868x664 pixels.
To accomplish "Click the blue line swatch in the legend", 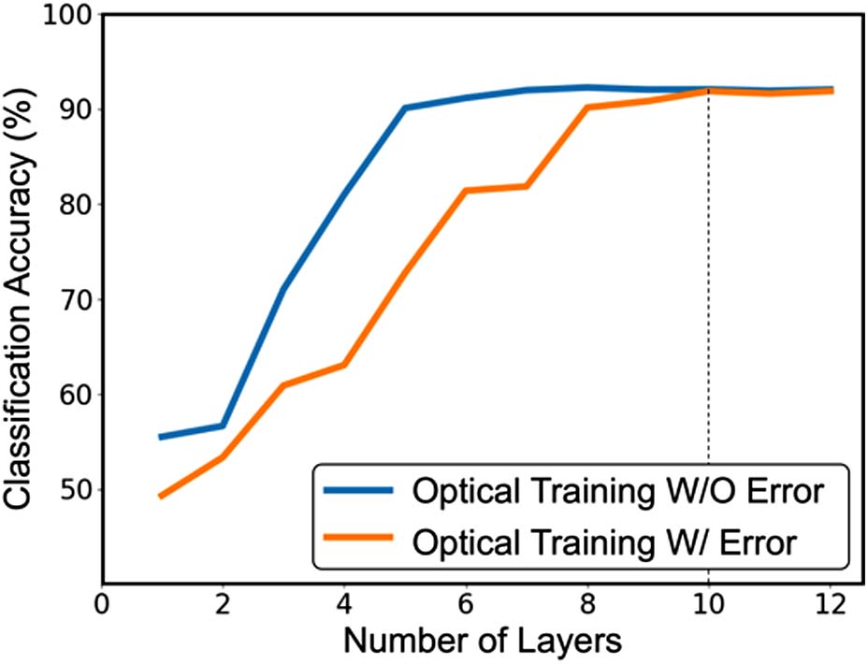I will (358, 492).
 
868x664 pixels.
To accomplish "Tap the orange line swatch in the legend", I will (358, 540).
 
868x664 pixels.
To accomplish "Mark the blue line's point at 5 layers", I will (405, 108).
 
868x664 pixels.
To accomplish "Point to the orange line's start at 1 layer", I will (161, 497).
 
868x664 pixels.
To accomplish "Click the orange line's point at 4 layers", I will (343, 364).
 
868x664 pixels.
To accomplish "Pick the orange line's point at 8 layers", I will (586, 108).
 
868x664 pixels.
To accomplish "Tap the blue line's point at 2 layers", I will (223, 426).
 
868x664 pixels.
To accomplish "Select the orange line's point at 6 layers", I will (465, 191).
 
